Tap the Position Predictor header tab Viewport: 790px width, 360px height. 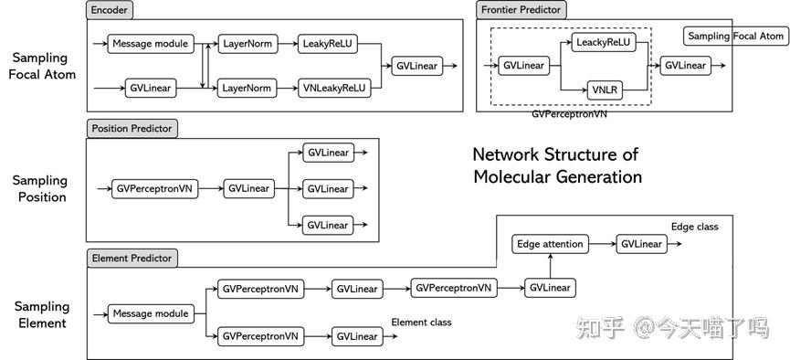[132, 129]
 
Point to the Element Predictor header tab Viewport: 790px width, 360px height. [132, 259]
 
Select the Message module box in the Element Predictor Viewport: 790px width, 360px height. [150, 313]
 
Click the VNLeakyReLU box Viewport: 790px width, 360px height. [334, 88]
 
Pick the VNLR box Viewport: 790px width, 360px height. [604, 89]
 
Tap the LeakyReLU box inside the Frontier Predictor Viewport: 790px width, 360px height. [604, 42]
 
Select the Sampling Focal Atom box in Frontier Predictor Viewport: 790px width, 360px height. [735, 37]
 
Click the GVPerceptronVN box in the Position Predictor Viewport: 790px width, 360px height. [154, 188]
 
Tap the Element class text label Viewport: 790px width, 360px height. [421, 323]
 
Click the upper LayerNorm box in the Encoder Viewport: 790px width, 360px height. [247, 43]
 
